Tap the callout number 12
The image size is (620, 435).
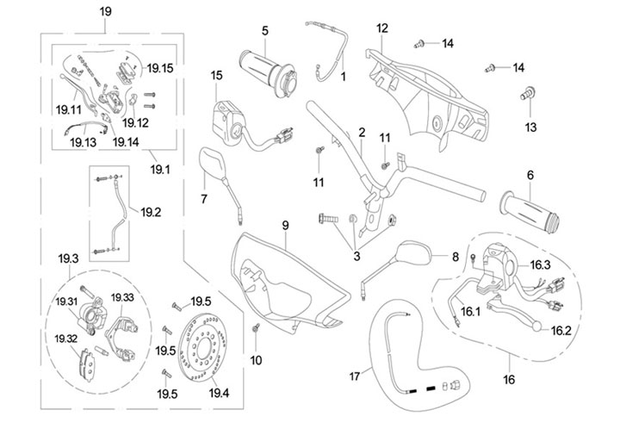click(x=382, y=28)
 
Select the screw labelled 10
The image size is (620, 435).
click(x=256, y=327)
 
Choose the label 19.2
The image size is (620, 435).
click(x=152, y=211)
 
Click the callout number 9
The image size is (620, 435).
click(x=283, y=226)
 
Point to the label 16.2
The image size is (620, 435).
click(x=561, y=330)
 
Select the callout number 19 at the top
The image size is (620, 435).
click(x=105, y=11)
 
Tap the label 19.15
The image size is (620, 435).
click(x=160, y=67)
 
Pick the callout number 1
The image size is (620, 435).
click(x=342, y=77)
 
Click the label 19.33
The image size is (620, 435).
click(x=122, y=297)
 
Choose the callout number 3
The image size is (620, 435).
click(x=357, y=256)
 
